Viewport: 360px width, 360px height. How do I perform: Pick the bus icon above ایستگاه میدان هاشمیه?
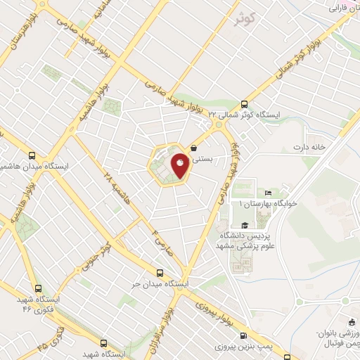[31, 155]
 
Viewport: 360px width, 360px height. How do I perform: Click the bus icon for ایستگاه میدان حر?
[160, 273]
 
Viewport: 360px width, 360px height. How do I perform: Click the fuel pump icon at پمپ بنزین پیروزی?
[244, 336]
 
